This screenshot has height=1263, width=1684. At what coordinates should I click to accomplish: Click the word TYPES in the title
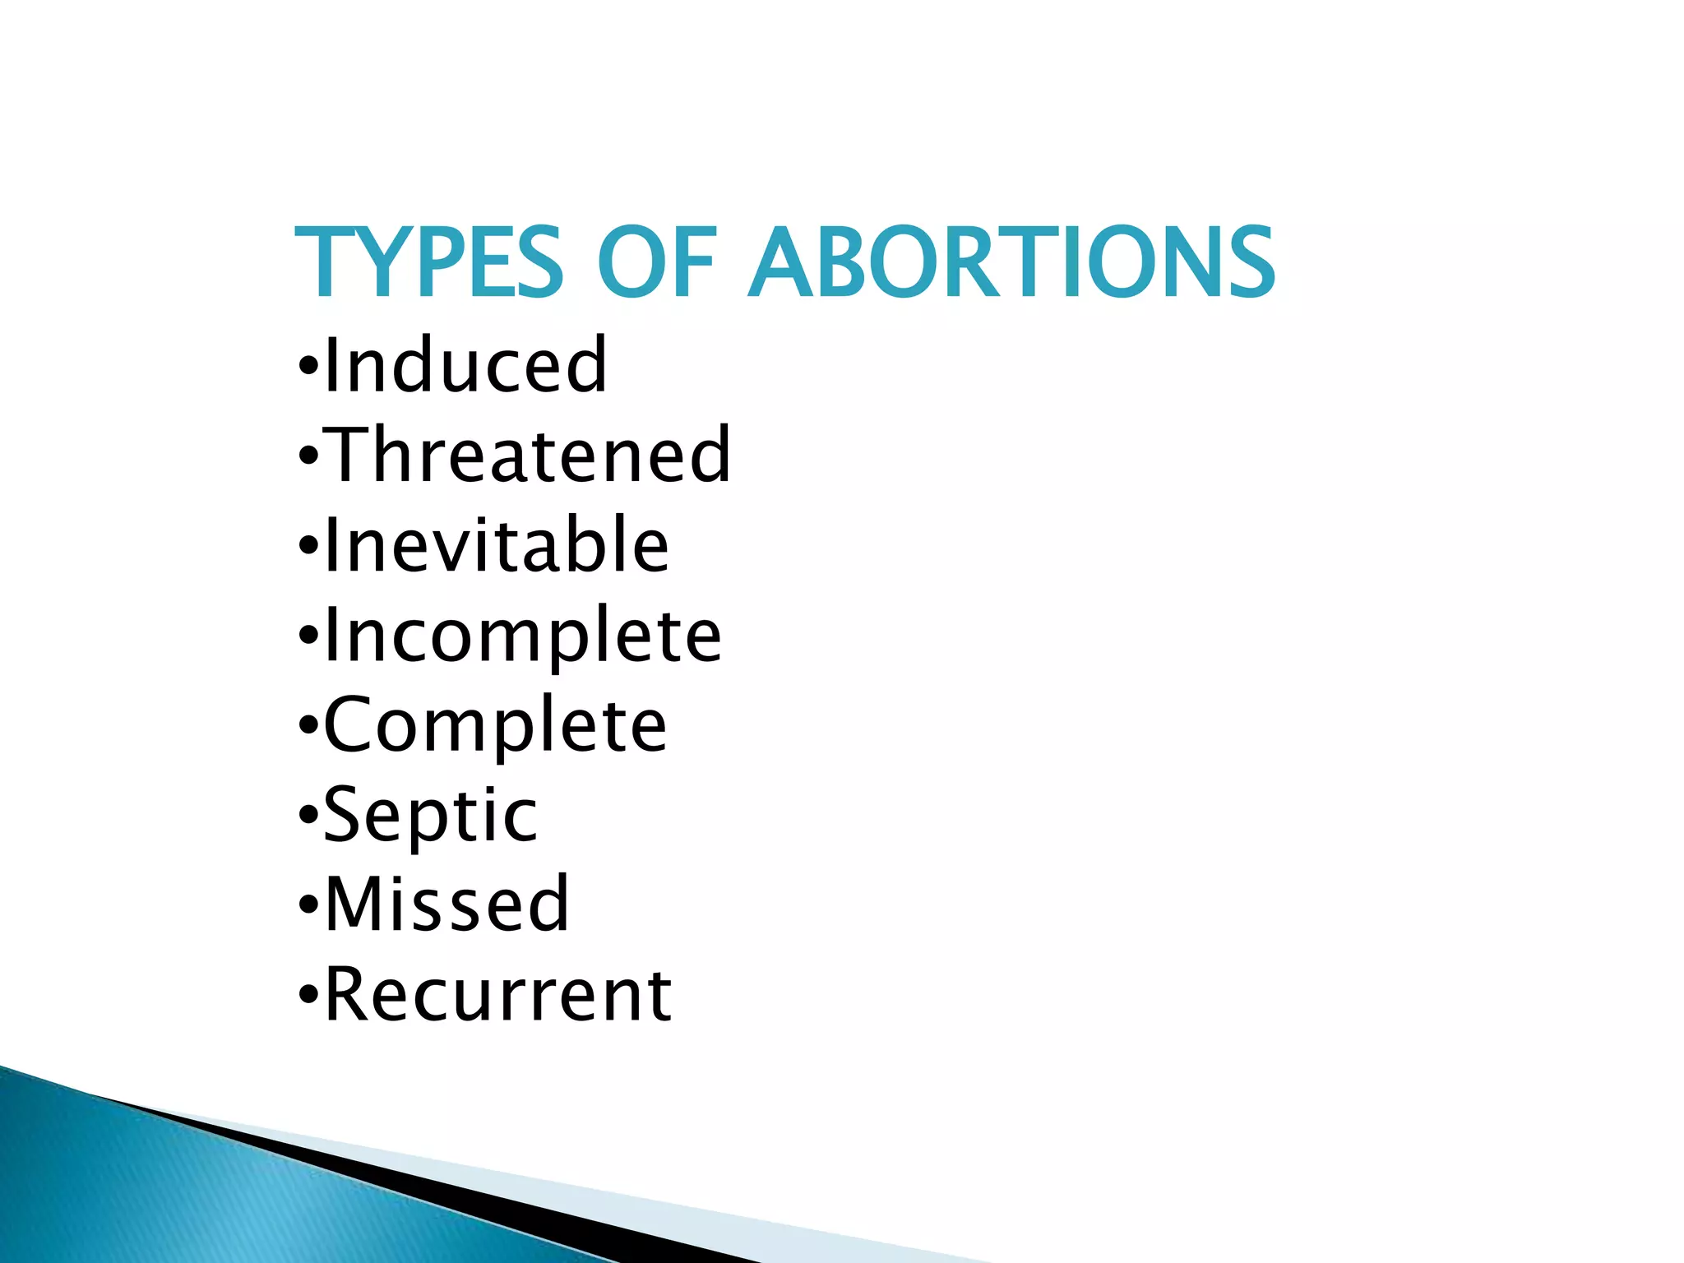tap(428, 263)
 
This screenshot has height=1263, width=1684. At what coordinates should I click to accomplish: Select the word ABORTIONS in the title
tap(1012, 263)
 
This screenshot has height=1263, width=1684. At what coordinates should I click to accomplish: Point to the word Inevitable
tap(497, 544)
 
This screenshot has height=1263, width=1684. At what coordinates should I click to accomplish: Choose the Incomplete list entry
tap(523, 636)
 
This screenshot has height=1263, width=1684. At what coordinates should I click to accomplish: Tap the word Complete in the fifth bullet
tap(495, 725)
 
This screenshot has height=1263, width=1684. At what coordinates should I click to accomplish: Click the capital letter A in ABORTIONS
tap(786, 263)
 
